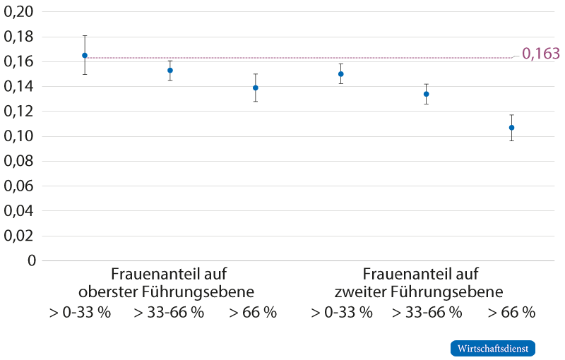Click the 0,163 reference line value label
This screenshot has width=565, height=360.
pos(540,54)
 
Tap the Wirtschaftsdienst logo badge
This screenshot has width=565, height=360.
pos(492,349)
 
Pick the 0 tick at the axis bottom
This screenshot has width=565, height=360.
pos(31,260)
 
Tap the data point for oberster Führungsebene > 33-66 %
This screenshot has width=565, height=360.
pos(170,71)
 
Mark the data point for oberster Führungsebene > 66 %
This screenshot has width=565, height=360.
pos(256,88)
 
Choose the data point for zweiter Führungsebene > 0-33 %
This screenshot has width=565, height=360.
pos(341,74)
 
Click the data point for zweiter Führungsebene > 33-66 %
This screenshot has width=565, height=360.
pos(426,94)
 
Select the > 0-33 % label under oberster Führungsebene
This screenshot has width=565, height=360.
pos(80,312)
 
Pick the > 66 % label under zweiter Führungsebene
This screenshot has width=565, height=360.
pos(511,312)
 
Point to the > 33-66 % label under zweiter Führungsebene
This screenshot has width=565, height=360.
pos(427,312)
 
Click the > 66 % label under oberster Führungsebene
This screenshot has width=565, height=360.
pos(253,312)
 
